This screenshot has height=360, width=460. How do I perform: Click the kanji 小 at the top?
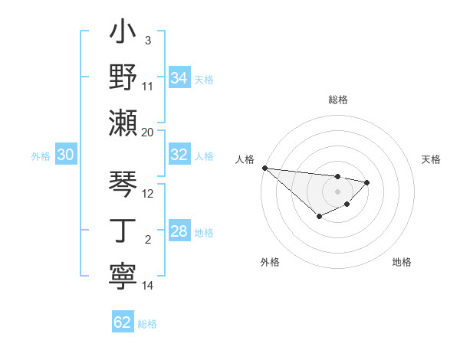pyautogui.click(x=123, y=34)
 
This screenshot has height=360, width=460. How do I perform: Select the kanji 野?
pyautogui.click(x=123, y=78)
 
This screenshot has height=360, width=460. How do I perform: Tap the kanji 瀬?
pyautogui.click(x=123, y=123)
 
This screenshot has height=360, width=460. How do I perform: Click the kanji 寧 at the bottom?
pyautogui.click(x=123, y=275)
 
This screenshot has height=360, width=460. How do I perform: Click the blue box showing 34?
pyautogui.click(x=179, y=77)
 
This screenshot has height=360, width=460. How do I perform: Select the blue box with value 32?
pyautogui.click(x=179, y=155)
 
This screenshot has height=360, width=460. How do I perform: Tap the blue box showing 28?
pyautogui.click(x=179, y=231)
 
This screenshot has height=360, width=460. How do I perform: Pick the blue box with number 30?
pyautogui.click(x=65, y=155)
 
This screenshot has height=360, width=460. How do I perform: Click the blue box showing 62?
pyautogui.click(x=123, y=322)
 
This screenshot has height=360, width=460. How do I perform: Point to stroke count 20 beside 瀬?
pyautogui.click(x=148, y=132)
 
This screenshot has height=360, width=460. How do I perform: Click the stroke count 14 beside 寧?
pyautogui.click(x=148, y=286)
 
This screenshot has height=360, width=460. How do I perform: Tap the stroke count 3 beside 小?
pyautogui.click(x=148, y=40)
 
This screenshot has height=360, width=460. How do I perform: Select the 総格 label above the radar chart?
pyautogui.click(x=337, y=100)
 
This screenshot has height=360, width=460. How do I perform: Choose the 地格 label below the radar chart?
pyautogui.click(x=402, y=262)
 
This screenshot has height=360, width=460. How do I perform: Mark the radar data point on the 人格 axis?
pyautogui.click(x=264, y=168)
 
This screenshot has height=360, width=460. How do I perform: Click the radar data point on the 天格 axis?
pyautogui.click(x=367, y=182)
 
